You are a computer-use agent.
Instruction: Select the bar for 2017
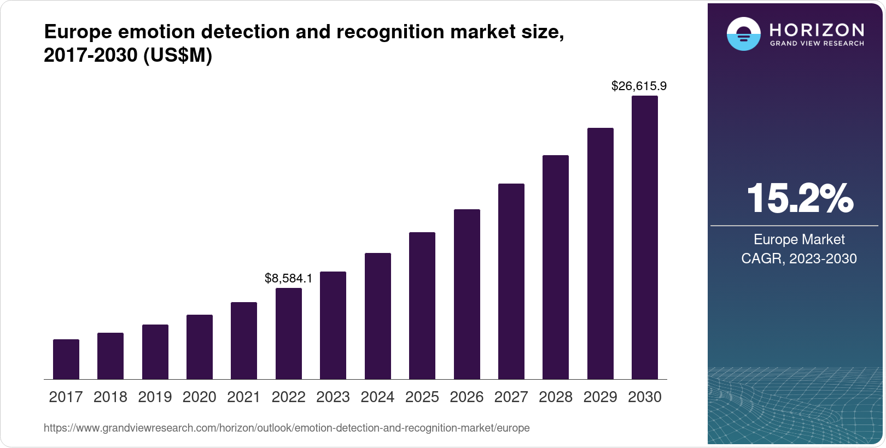(66, 359)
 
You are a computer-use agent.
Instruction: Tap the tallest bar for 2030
(645, 238)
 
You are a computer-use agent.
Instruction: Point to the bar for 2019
(155, 352)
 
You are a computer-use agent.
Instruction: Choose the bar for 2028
(556, 267)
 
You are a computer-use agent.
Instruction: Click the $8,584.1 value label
(288, 278)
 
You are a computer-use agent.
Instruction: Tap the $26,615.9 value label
(639, 86)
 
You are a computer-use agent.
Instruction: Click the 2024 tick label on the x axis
(377, 397)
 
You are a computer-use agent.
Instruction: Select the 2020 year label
(200, 397)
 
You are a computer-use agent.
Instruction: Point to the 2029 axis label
(600, 397)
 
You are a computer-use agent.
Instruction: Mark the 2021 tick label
(244, 397)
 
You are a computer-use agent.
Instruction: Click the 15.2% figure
(800, 198)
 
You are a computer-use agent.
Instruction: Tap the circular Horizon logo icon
(743, 34)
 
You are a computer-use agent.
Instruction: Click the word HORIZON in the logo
(817, 30)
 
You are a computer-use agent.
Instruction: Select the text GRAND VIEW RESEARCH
(817, 43)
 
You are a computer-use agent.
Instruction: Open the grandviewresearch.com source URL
(287, 428)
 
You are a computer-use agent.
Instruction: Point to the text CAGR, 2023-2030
(798, 258)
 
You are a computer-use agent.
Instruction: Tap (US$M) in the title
(178, 55)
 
